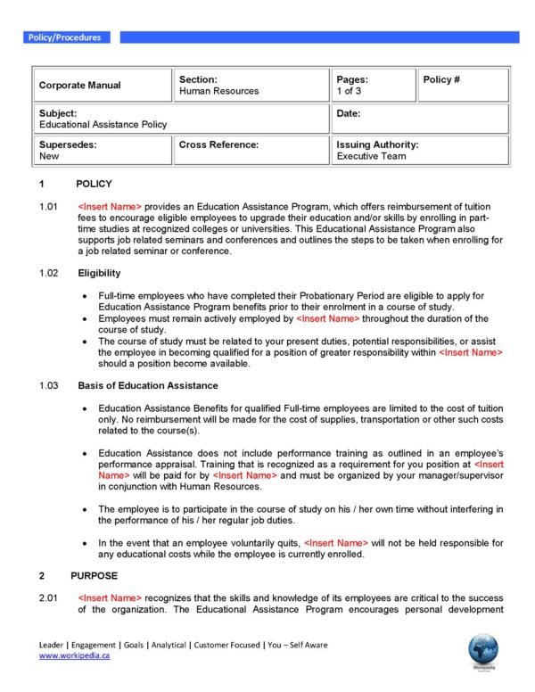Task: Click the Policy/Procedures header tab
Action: coord(64,37)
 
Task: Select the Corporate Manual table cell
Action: coord(79,86)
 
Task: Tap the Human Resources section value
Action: coord(218,91)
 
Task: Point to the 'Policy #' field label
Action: coord(441,79)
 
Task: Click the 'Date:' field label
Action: coord(349,114)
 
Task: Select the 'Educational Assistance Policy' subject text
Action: coord(103,125)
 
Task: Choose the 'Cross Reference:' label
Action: coord(218,144)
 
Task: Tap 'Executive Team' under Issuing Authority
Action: coord(371,156)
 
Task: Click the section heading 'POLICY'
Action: coord(94,184)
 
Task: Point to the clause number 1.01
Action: coord(49,207)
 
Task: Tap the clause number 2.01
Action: coord(49,597)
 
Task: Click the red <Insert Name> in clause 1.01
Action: coord(110,207)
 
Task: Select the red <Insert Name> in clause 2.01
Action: coord(110,597)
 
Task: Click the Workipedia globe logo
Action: coord(482,648)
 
